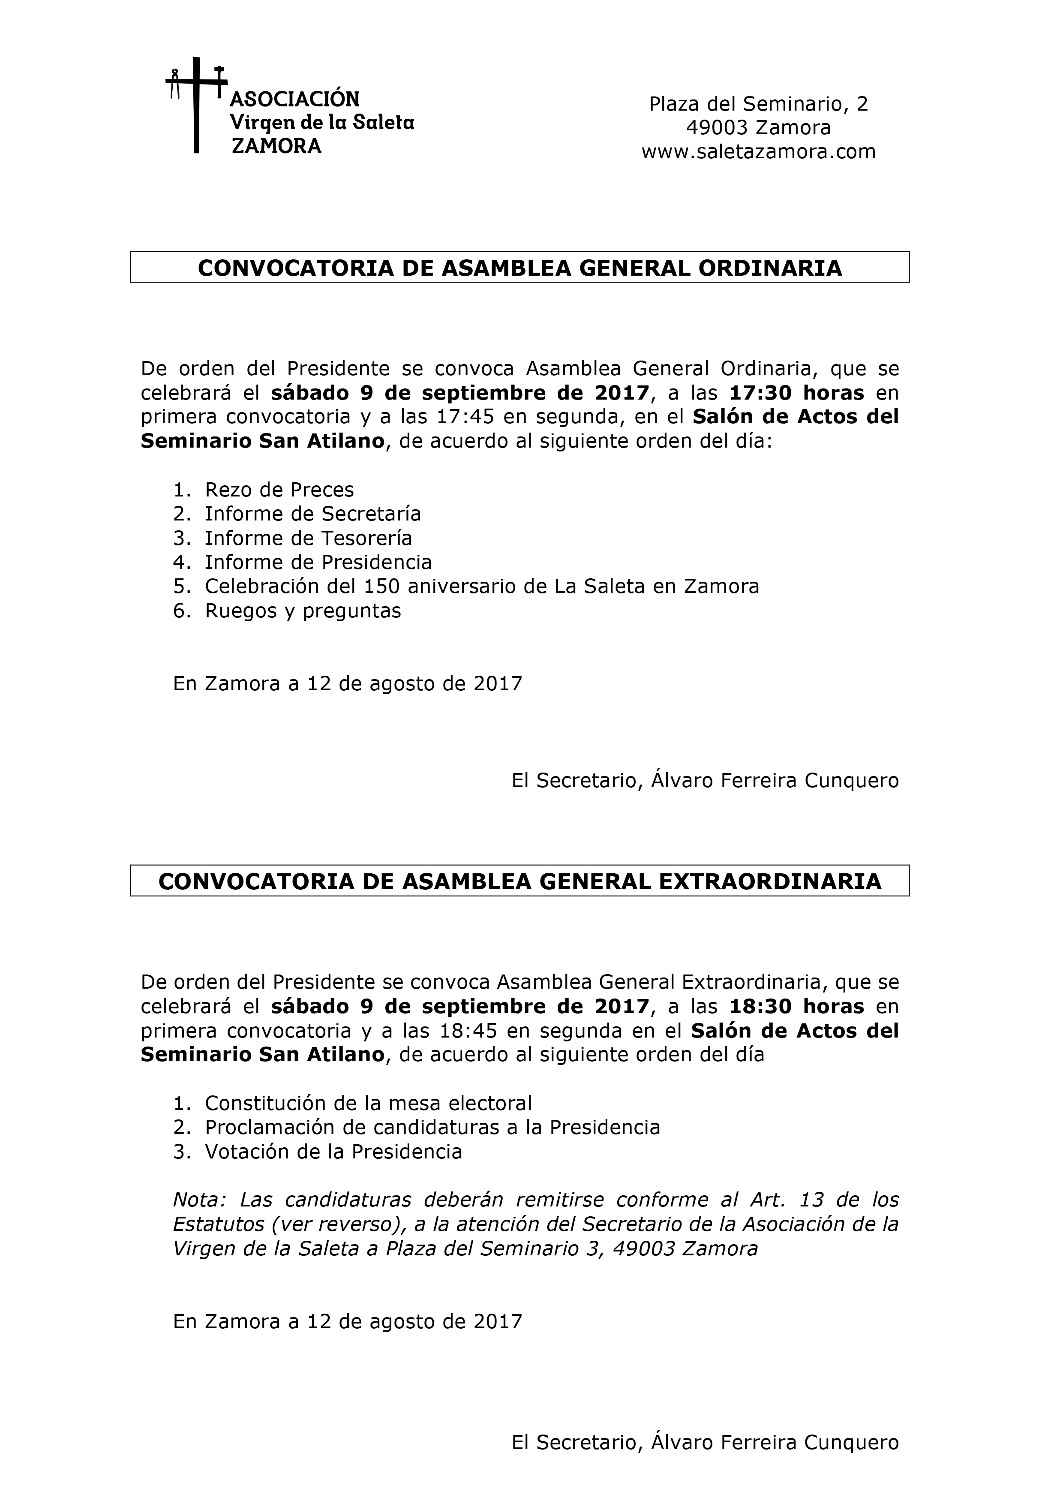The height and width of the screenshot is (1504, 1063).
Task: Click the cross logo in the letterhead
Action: click(x=196, y=105)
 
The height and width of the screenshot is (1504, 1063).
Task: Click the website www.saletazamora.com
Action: click(x=758, y=152)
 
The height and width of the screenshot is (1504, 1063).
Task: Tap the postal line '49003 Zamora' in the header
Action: click(x=758, y=128)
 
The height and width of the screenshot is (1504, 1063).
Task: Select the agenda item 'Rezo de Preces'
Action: click(x=279, y=490)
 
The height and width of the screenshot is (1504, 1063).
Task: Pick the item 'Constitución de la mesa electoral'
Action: click(x=368, y=1104)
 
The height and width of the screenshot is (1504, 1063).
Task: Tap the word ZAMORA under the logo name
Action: click(x=277, y=146)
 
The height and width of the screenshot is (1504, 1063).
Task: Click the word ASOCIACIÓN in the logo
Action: click(x=295, y=99)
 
